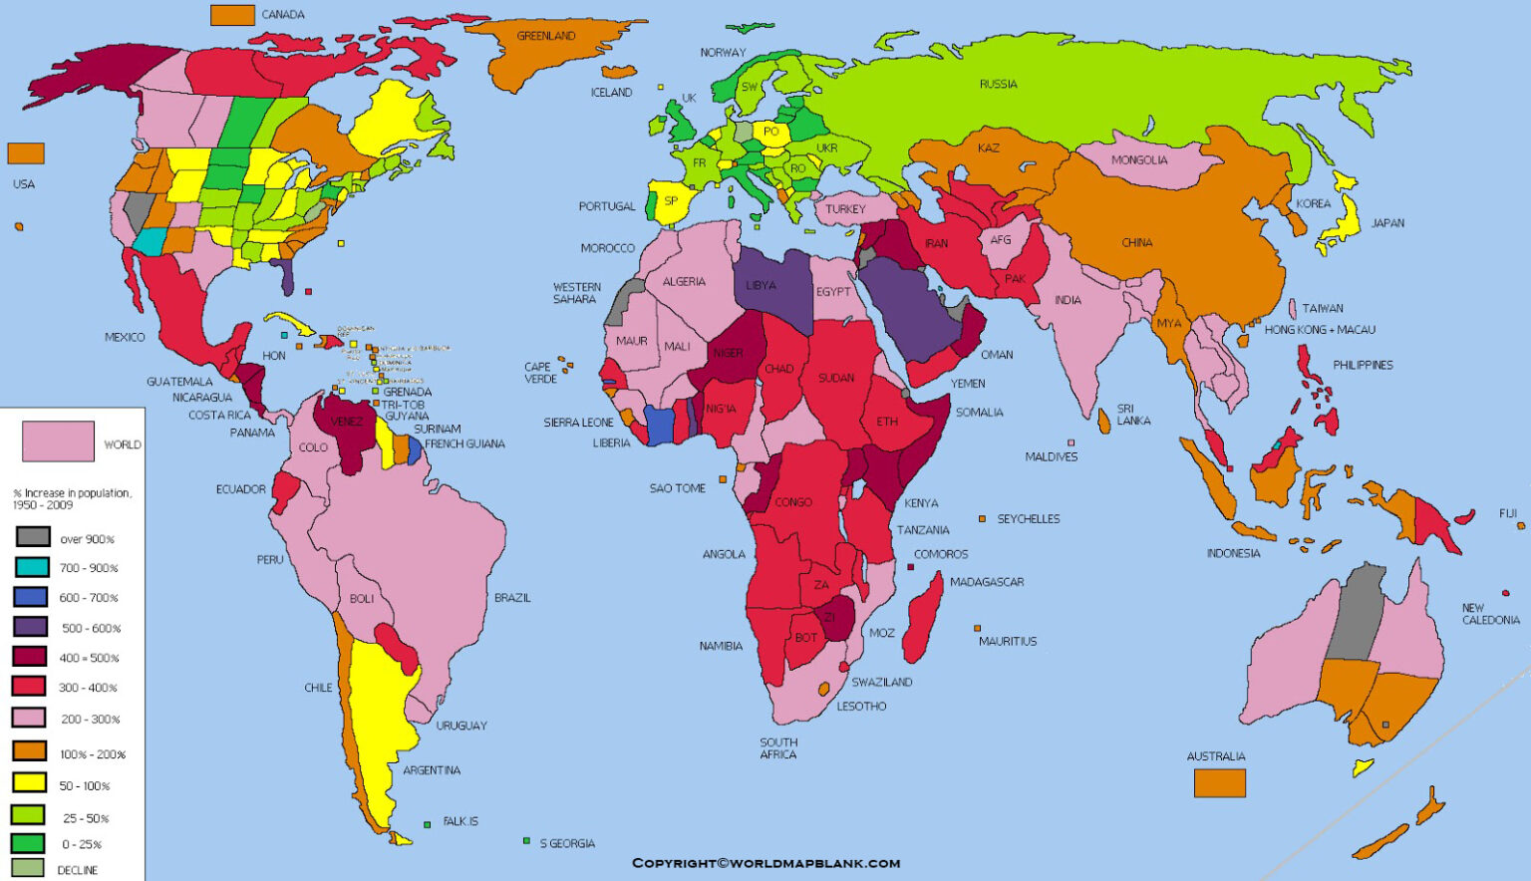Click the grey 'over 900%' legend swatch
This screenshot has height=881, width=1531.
[x=33, y=537]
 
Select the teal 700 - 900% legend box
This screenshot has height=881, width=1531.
[x=32, y=567]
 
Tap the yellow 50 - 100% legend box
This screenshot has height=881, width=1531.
[x=30, y=783]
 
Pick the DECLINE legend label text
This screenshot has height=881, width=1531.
[x=78, y=870]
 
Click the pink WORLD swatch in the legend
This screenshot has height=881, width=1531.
[x=59, y=440]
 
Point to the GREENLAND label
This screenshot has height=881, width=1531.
[x=545, y=36]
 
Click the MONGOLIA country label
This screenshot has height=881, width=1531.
[x=1138, y=160]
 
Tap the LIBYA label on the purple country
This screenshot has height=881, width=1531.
[x=761, y=285]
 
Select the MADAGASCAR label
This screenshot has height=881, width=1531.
[x=986, y=582]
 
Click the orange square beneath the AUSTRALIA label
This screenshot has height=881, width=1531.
[x=1220, y=783]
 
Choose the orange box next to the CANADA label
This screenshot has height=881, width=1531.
[x=232, y=15]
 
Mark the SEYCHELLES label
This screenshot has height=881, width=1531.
[x=1028, y=519]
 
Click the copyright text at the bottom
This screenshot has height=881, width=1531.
[x=765, y=863]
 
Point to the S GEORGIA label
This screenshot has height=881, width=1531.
[x=567, y=844]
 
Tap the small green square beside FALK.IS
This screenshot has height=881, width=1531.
[x=427, y=824]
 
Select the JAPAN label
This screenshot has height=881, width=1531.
[x=1387, y=223]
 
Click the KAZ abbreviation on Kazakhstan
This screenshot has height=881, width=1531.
[x=988, y=148]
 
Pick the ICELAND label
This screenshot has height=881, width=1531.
[x=611, y=93]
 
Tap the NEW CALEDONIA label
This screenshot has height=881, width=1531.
[x=1490, y=614]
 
